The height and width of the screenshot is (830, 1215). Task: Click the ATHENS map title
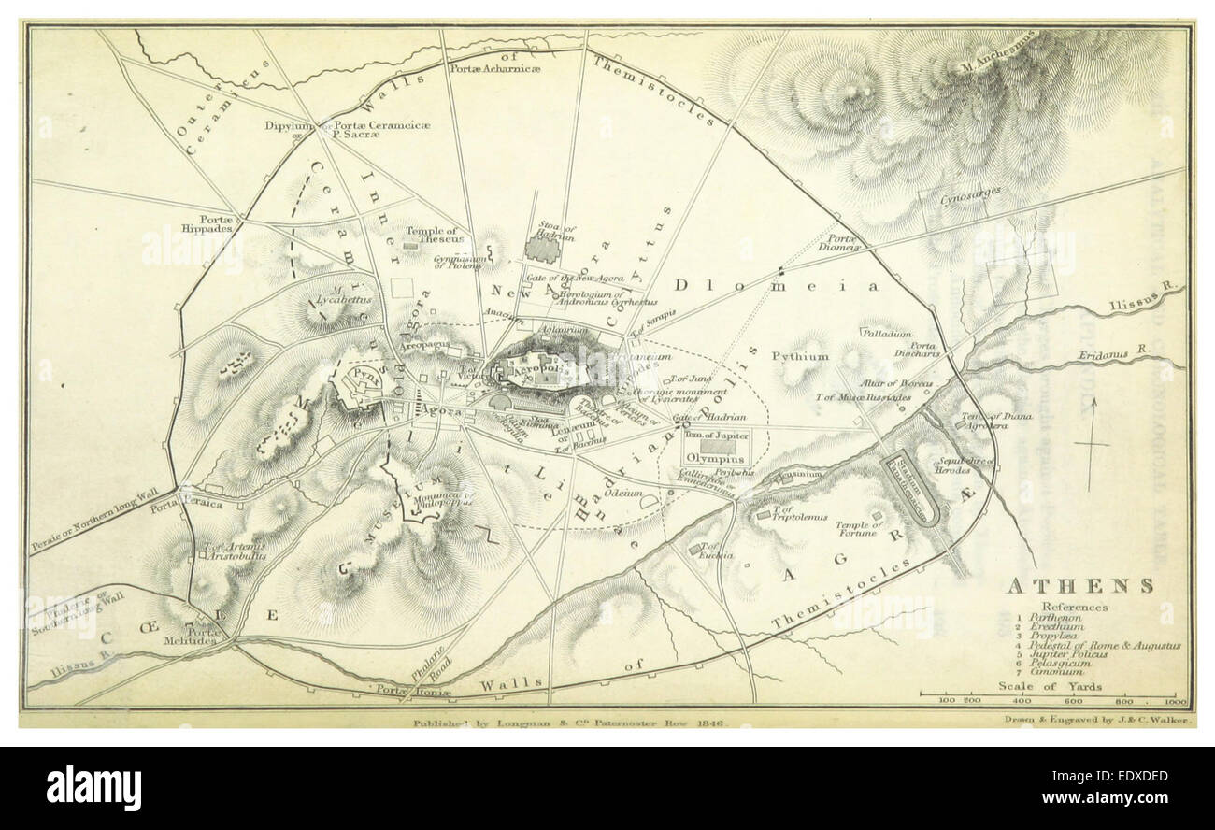1079,586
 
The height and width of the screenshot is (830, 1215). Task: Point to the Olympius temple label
715,459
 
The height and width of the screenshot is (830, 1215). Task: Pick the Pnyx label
365,382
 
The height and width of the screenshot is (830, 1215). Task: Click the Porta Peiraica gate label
205,503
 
